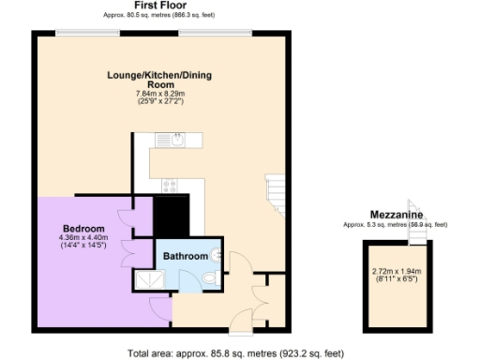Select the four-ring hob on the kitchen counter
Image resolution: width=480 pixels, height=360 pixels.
tap(171, 185)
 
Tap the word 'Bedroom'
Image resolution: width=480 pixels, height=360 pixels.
tap(83, 228)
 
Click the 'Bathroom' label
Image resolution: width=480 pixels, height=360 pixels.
tap(186, 255)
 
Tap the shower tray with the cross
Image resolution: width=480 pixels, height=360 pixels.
tap(148, 278)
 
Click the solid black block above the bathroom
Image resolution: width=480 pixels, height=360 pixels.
tap(172, 216)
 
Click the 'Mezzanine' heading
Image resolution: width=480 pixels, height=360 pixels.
tap(394, 215)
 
